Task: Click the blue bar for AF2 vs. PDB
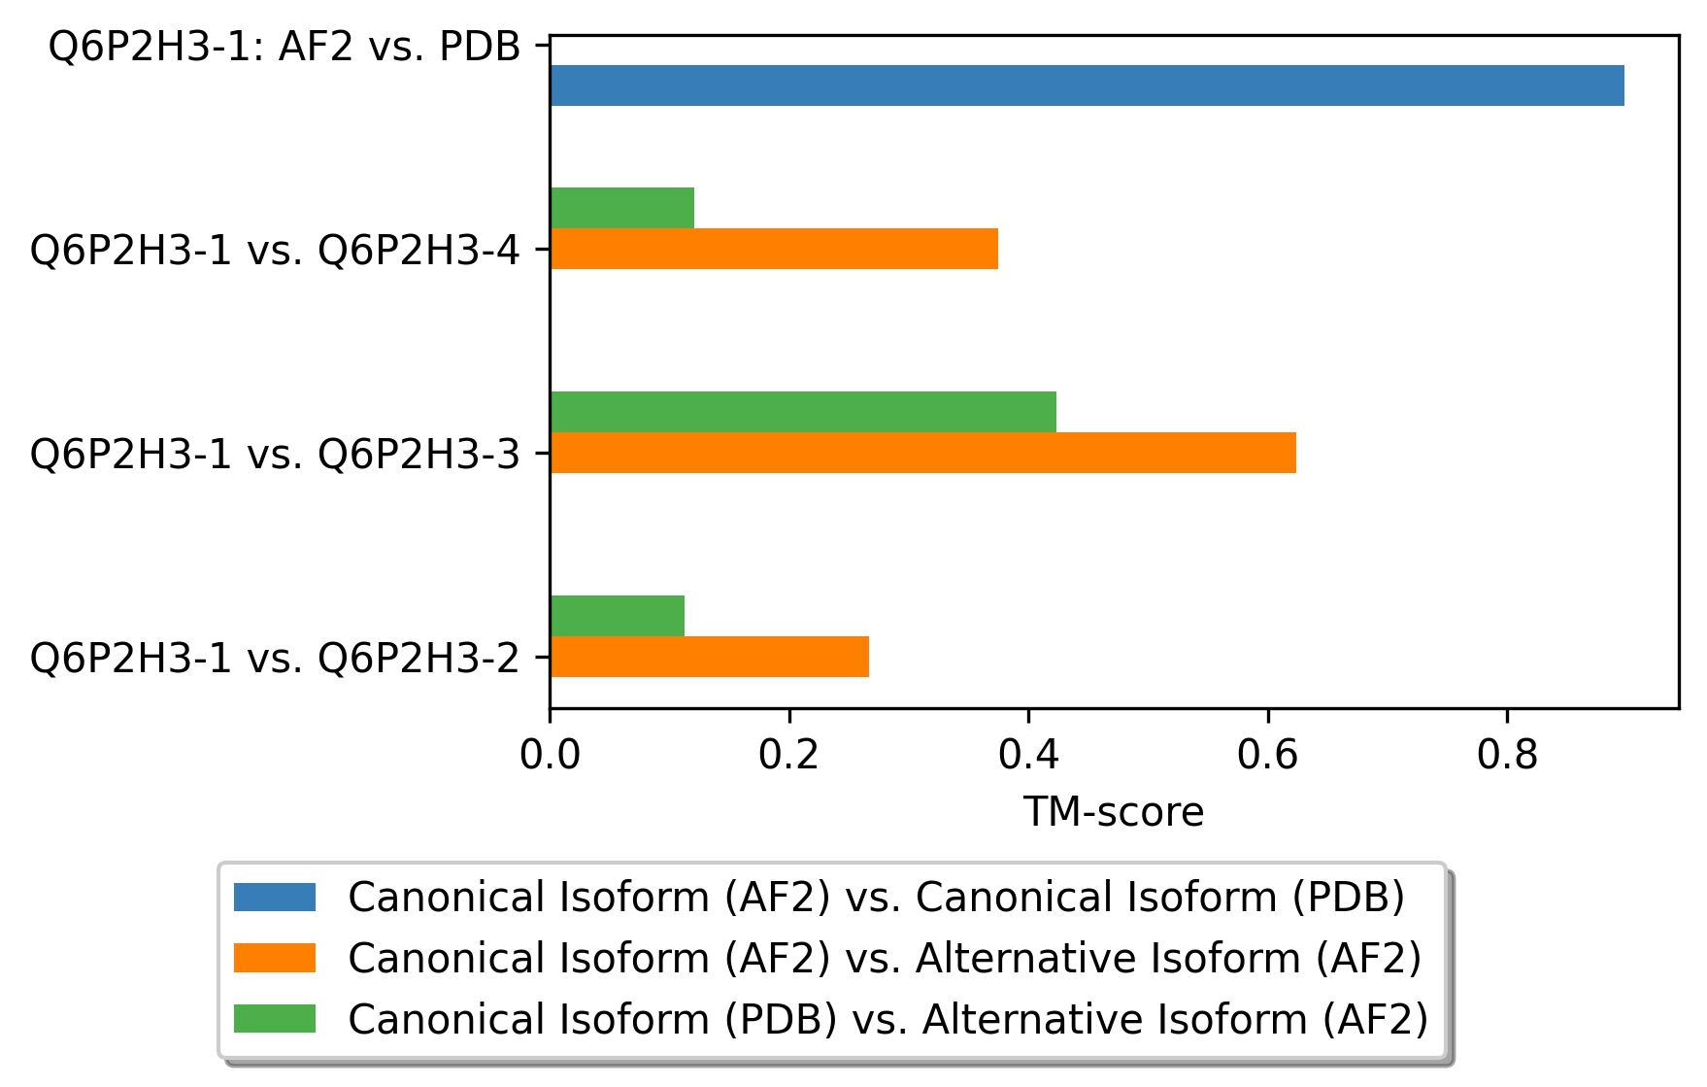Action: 1086,85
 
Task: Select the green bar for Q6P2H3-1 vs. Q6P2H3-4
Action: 621,208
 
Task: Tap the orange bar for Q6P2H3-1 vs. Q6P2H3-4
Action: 773,249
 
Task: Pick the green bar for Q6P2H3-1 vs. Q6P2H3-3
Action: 802,412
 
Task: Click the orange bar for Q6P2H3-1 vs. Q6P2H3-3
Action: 922,453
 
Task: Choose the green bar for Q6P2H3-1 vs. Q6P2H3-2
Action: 617,616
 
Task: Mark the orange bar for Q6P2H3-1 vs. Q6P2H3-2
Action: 709,657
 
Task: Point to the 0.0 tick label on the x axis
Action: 550,755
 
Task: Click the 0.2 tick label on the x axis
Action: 789,755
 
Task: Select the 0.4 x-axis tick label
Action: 1028,755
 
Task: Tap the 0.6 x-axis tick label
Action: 1268,755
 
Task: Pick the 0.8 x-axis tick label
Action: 1507,755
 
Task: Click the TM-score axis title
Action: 1114,812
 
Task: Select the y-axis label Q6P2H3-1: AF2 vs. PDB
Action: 284,47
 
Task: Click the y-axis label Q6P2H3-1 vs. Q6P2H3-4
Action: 276,251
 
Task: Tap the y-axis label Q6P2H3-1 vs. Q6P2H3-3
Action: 276,455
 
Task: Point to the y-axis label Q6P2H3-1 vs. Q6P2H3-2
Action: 276,659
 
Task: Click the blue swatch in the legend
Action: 275,897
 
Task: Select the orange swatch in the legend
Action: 275,958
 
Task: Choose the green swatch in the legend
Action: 275,1019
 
